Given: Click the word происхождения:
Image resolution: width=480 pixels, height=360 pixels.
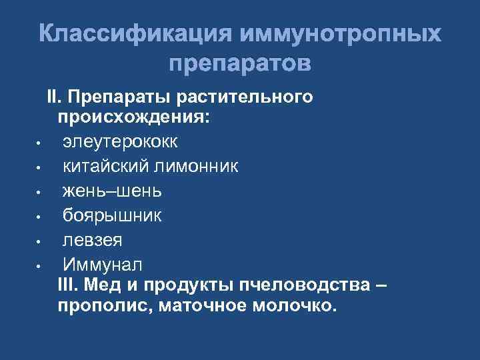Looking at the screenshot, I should [133, 118].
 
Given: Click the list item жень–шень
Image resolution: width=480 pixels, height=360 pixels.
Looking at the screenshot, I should [112, 191].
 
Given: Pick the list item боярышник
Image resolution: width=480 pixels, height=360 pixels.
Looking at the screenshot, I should [112, 215].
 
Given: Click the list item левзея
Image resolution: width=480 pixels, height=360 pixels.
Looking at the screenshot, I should [93, 239].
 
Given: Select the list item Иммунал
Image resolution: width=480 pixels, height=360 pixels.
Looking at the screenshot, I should [102, 263].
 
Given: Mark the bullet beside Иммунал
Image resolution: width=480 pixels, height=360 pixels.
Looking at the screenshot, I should [40, 265].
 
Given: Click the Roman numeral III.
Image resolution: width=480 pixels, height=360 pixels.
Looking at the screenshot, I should [68, 285].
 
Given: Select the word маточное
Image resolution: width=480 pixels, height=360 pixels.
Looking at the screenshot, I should [201, 306].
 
